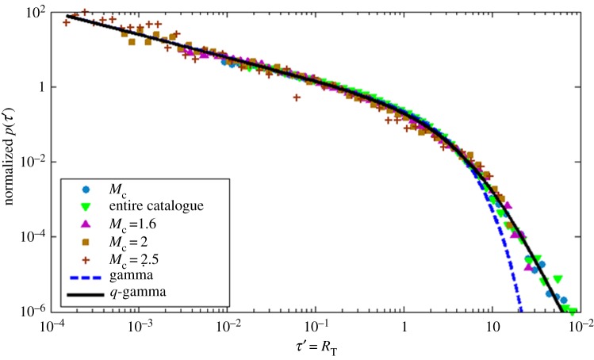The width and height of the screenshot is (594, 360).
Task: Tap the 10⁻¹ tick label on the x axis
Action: point(316,327)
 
